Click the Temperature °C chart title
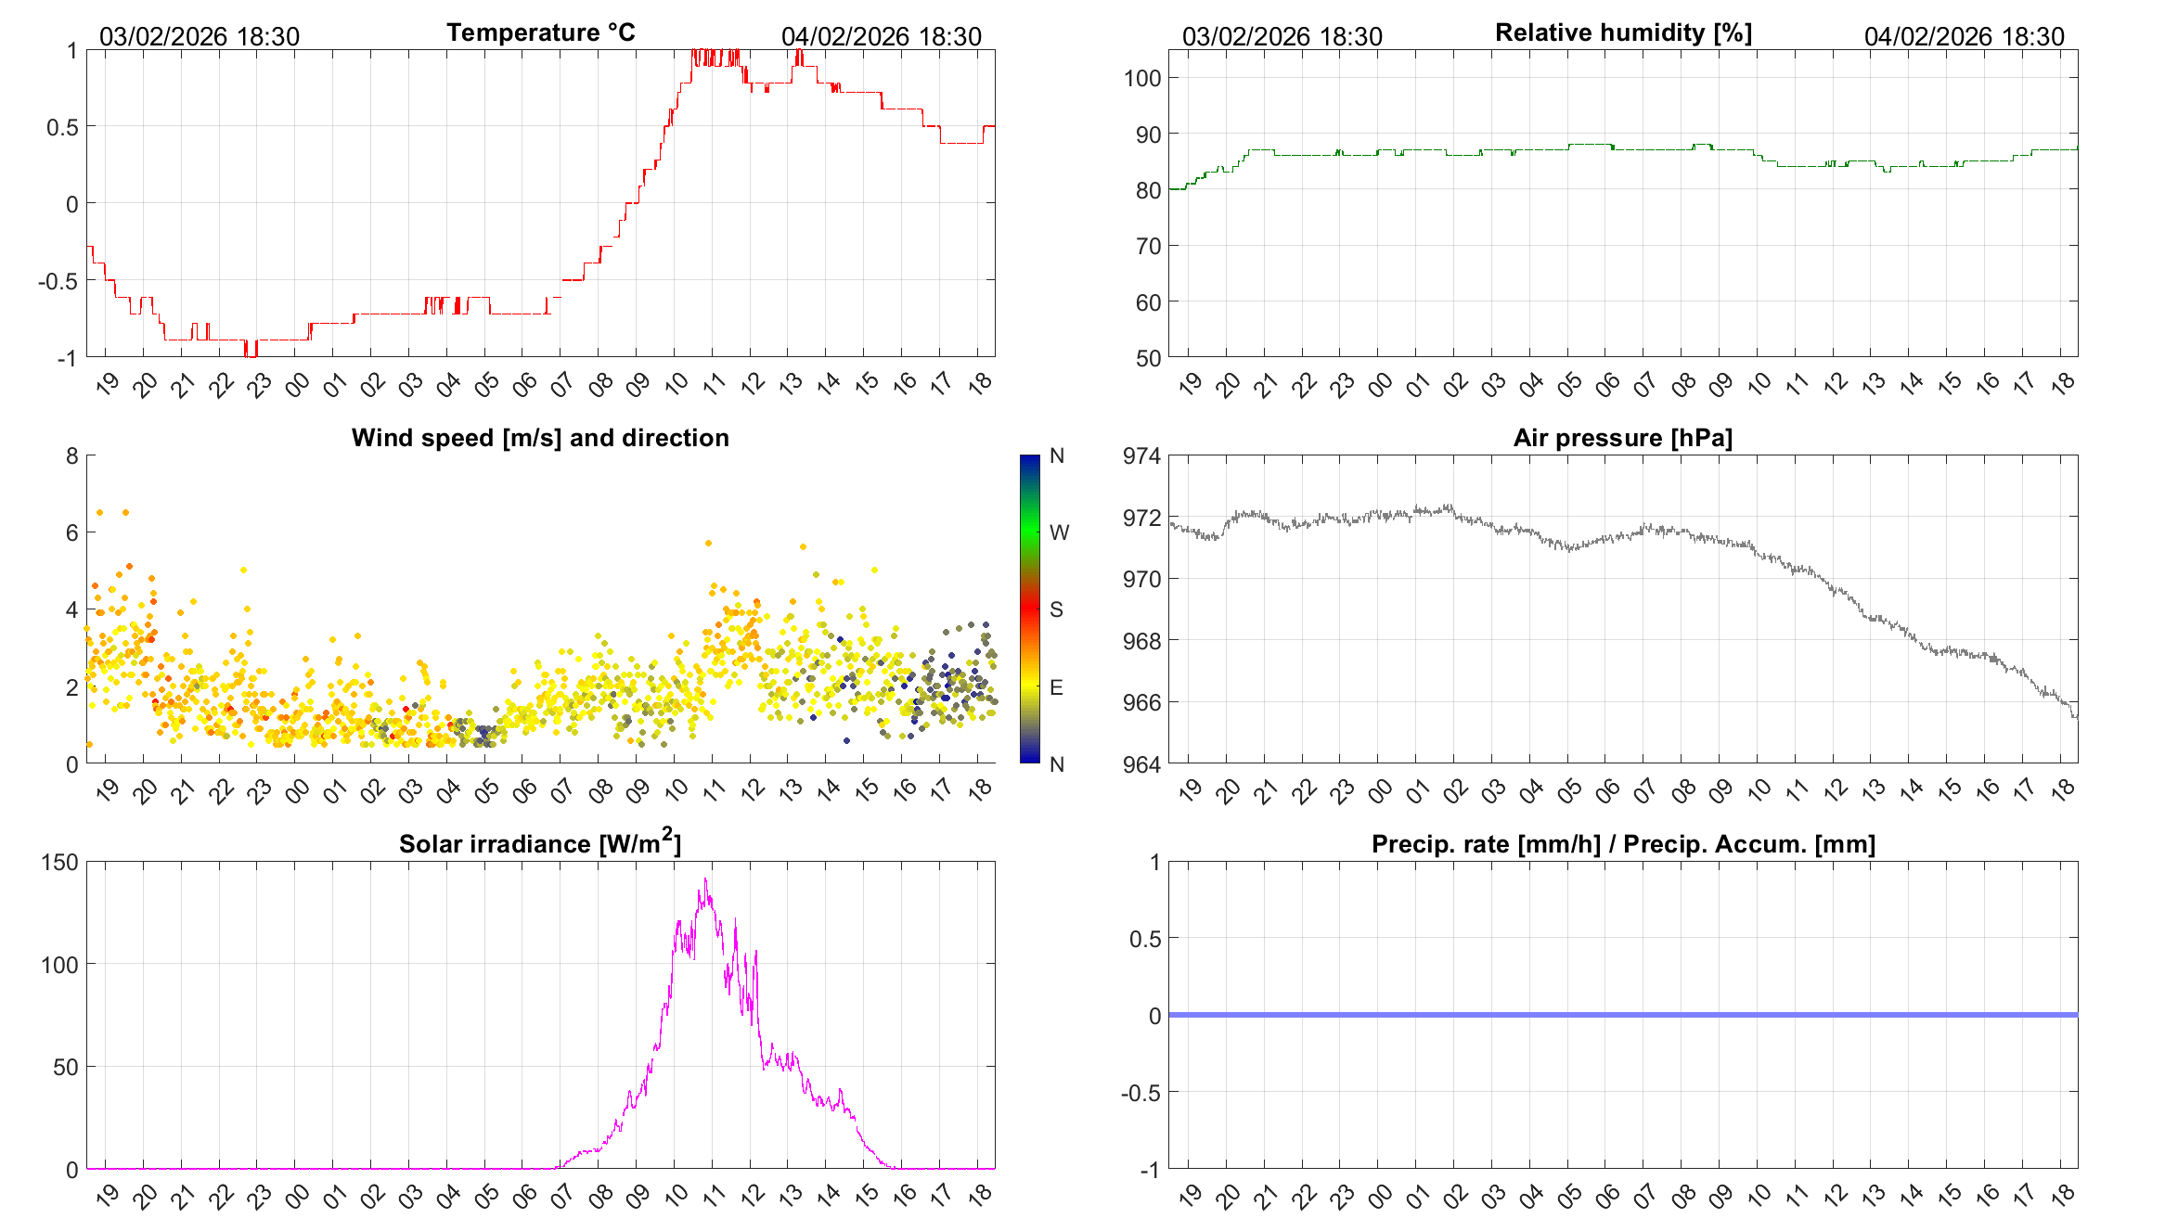pos(540,32)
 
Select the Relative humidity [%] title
pos(1623,32)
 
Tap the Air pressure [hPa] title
pos(1622,438)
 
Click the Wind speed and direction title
pos(540,438)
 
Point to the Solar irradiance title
pos(540,843)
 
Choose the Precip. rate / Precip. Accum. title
pos(1623,844)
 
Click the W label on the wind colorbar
pos(1059,532)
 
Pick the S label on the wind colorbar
pos(1056,609)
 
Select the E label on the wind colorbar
pos(1056,687)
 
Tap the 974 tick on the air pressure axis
pos(1141,455)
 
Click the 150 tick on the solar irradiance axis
pos(59,862)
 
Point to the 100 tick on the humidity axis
pos(1141,78)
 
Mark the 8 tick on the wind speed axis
pos(72,455)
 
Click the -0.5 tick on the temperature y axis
pos(58,281)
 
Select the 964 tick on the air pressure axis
pos(1141,764)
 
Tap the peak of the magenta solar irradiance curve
pos(705,879)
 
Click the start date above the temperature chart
pos(200,36)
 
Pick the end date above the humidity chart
pos(1964,36)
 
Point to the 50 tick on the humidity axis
pos(1148,358)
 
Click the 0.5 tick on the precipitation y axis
pos(1144,939)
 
